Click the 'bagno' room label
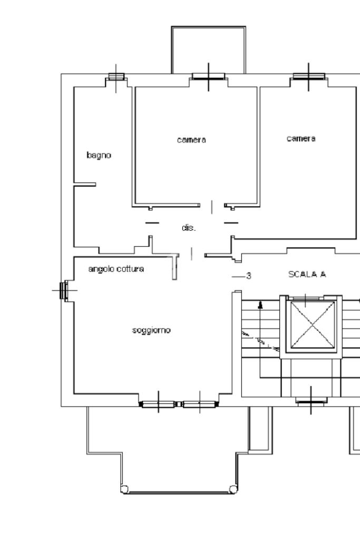(99, 155)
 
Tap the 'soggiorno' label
(151, 330)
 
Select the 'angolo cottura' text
(116, 269)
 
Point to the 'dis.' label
(188, 228)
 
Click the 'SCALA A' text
(307, 275)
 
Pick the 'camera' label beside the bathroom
(191, 140)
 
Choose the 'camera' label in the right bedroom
(301, 139)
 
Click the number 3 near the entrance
(249, 276)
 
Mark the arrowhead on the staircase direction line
(260, 305)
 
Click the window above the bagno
(116, 76)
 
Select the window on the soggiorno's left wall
(64, 290)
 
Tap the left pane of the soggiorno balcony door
(158, 404)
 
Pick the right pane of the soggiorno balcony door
(200, 404)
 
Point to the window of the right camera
(309, 76)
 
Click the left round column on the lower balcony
(124, 489)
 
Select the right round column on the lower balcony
(233, 489)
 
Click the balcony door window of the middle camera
(208, 76)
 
